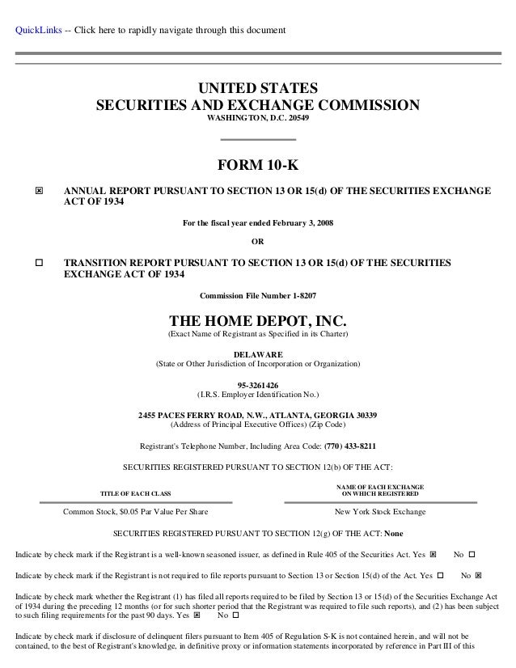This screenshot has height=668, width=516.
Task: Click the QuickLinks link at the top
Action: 37,32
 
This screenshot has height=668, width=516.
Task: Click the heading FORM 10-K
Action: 257,167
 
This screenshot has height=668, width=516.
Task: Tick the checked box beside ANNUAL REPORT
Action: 39,191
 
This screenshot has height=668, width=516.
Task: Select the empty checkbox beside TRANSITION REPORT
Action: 39,264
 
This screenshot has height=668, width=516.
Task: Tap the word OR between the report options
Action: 258,241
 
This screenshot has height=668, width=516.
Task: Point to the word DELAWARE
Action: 257,354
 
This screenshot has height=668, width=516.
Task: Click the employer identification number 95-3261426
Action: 257,385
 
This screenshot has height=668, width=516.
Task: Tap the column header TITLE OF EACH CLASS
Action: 135,493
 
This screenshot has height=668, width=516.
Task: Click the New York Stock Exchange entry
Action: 379,511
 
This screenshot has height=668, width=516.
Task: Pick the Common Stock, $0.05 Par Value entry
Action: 135,511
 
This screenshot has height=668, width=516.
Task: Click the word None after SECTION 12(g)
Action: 394,534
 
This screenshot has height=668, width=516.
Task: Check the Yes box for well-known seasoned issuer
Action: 434,554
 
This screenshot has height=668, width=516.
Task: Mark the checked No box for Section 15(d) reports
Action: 478,575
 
